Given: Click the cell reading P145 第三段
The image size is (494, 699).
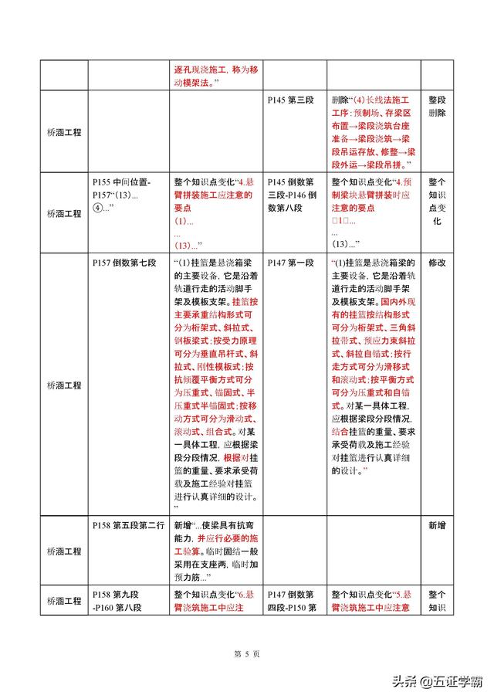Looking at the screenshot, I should [290, 100].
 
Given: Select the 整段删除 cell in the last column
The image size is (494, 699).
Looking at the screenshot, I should [437, 107].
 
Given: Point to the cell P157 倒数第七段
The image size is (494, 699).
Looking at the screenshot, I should [121, 263].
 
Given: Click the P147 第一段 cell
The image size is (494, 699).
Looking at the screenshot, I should [290, 263].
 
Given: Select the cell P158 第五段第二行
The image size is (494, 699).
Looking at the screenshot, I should [128, 525].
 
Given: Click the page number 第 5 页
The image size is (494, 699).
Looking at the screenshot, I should [246, 653].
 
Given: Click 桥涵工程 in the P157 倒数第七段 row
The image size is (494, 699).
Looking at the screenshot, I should [64, 384].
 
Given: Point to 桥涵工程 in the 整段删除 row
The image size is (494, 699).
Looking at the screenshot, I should [64, 133].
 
